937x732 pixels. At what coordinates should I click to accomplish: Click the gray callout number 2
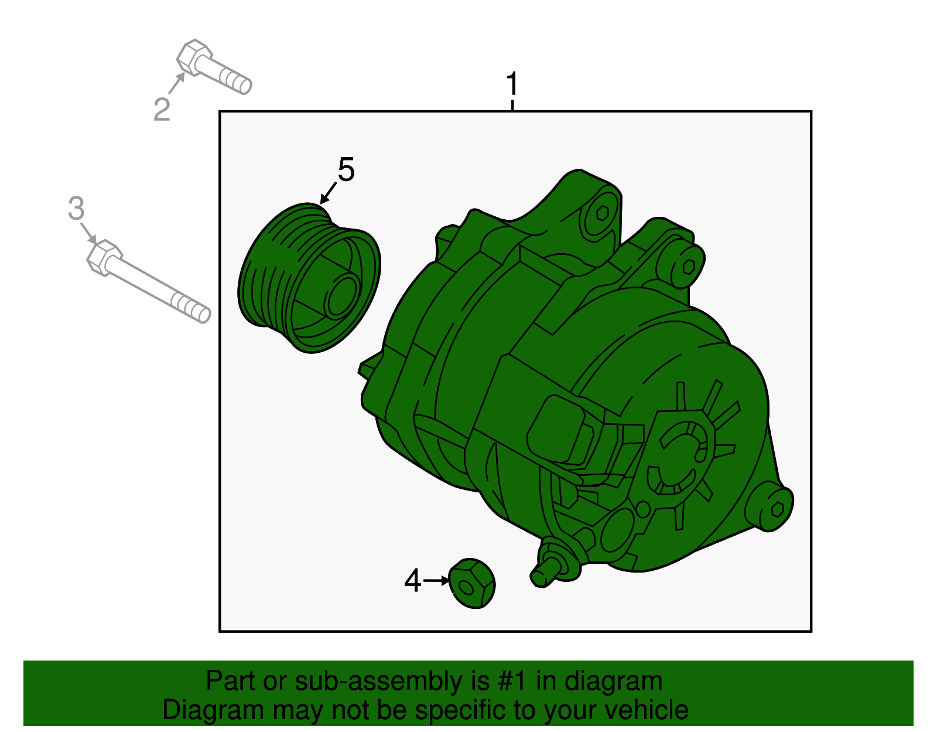coord(162,110)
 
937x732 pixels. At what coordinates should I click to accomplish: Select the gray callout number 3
coord(76,208)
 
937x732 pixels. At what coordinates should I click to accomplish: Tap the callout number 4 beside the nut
coord(412,581)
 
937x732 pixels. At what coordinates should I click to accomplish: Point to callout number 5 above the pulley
coord(346,169)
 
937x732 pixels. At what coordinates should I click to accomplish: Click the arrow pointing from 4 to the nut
coord(436,581)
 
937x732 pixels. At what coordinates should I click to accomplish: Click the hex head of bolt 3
coord(104,257)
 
